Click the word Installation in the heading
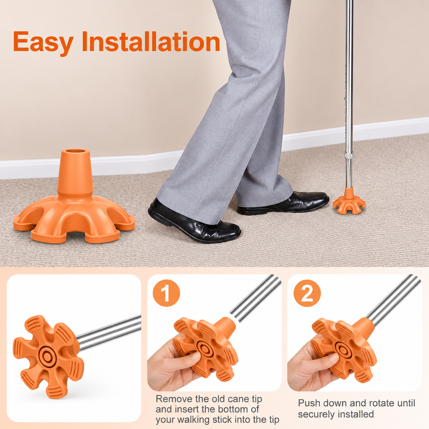pyautogui.click(x=151, y=41)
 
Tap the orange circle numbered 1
pyautogui.click(x=166, y=293)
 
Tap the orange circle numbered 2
pyautogui.click(x=307, y=293)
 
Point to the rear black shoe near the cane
pyautogui.click(x=283, y=203)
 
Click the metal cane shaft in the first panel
pyautogui.click(x=109, y=334)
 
